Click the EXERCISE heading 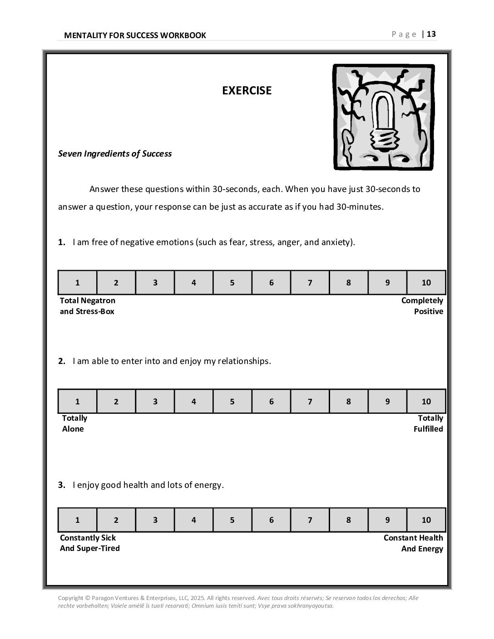pyautogui.click(x=247, y=90)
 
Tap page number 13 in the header pyautogui.click(x=431, y=34)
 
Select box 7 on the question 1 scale pyautogui.click(x=310, y=283)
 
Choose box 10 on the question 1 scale pyautogui.click(x=426, y=283)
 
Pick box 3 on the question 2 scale pyautogui.click(x=155, y=402)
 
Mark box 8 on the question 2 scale pyautogui.click(x=348, y=402)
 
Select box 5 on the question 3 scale pyautogui.click(x=232, y=520)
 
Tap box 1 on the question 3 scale pyautogui.click(x=77, y=520)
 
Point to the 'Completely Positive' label pyautogui.click(x=422, y=306)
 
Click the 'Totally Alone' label pyautogui.click(x=74, y=423)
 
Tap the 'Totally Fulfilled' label pyautogui.click(x=428, y=423)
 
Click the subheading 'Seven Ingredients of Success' pyautogui.click(x=115, y=153)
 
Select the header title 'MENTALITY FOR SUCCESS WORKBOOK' pyautogui.click(x=135, y=35)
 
